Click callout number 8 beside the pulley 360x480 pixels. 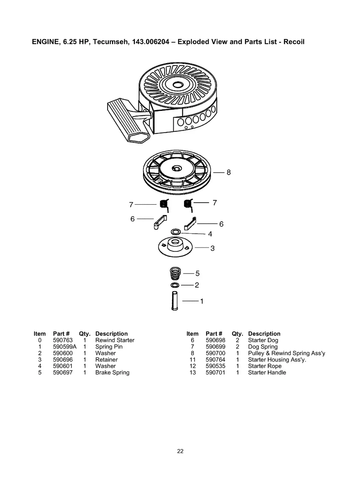point(228,172)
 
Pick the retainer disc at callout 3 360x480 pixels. point(175,248)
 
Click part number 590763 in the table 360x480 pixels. point(63,340)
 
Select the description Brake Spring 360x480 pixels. point(112,373)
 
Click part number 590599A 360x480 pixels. point(64,347)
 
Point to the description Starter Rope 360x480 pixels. point(264,366)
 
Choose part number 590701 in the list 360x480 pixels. point(215,373)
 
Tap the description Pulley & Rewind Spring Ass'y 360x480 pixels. point(286,353)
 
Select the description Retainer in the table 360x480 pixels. point(106,360)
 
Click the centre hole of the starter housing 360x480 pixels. point(177,85)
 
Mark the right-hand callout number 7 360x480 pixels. point(215,203)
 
